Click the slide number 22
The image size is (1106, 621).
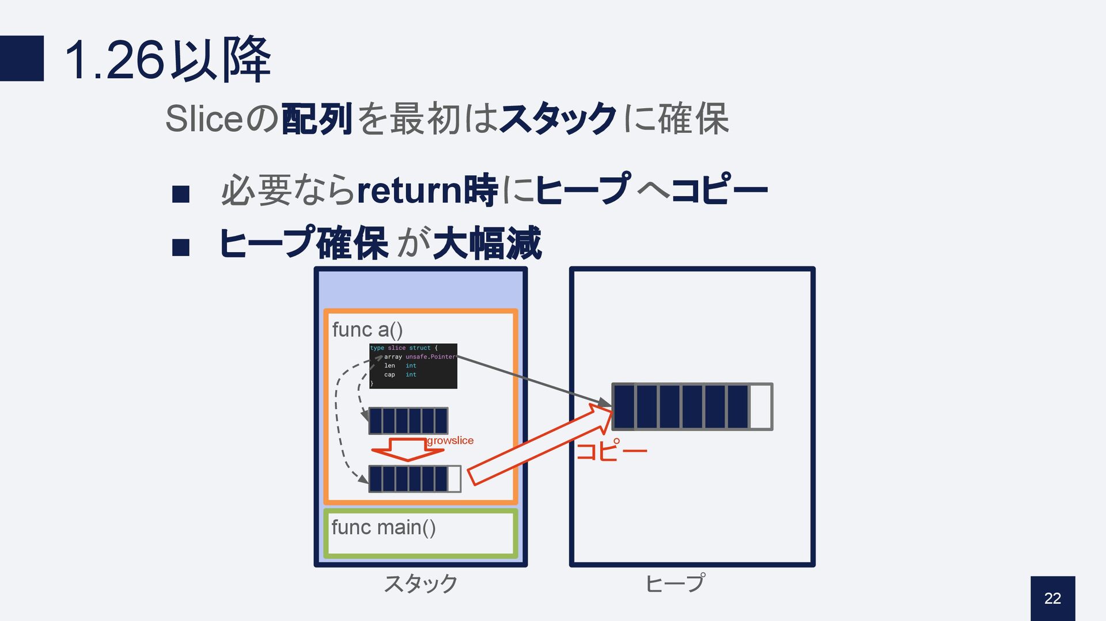pyautogui.click(x=1052, y=599)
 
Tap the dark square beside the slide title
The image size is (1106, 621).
pyautogui.click(x=22, y=58)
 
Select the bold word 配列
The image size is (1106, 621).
pyautogui.click(x=316, y=119)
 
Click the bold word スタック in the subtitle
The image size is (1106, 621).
pyautogui.click(x=558, y=119)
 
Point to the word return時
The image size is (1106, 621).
pyautogui.click(x=427, y=190)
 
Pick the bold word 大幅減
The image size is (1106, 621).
pyautogui.click(x=487, y=243)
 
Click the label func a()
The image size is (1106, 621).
pyautogui.click(x=367, y=330)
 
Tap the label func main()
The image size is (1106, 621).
pyautogui.click(x=383, y=527)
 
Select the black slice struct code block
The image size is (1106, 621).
pyautogui.click(x=413, y=366)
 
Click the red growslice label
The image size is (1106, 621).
pyautogui.click(x=450, y=440)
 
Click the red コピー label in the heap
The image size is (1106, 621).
pyautogui.click(x=612, y=450)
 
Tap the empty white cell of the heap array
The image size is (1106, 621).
pyautogui.click(x=760, y=407)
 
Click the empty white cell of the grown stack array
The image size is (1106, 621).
pyautogui.click(x=454, y=479)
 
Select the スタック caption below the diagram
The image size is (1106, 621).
pyautogui.click(x=421, y=584)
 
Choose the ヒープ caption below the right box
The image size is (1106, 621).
pyautogui.click(x=675, y=584)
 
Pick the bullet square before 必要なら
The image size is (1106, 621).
pyautogui.click(x=181, y=195)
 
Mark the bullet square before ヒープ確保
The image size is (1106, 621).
pyautogui.click(x=181, y=247)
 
